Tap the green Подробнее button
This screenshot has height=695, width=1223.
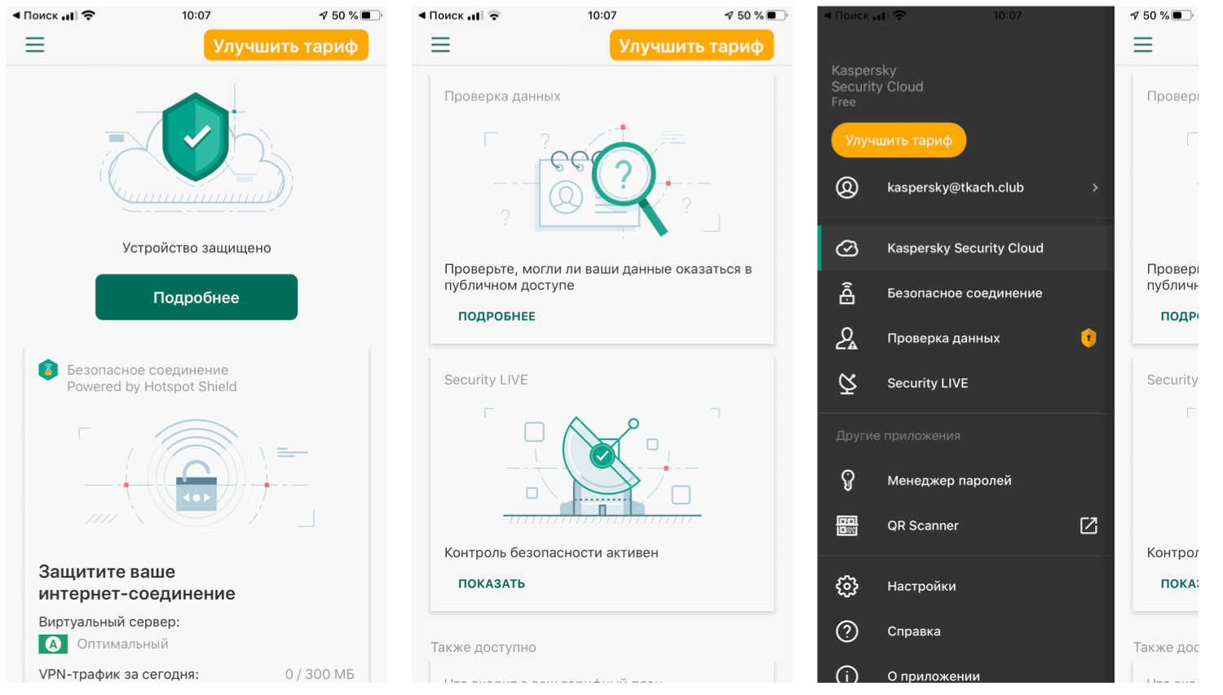tap(196, 297)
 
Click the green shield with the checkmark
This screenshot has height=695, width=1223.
tap(196, 136)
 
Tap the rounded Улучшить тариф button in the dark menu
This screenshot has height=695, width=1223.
tap(898, 140)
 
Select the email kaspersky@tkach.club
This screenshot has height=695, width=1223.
tap(955, 187)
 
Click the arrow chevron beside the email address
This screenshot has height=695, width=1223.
tap(1095, 187)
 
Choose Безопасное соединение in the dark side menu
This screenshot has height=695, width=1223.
tap(964, 293)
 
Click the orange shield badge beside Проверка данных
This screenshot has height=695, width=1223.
tap(1088, 337)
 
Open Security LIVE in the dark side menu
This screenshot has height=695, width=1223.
tap(927, 383)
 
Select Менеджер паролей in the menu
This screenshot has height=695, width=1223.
tap(949, 481)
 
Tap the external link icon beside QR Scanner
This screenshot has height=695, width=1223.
tap(1088, 526)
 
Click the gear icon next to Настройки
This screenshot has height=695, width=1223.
tap(847, 586)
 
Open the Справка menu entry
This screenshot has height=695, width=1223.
tap(913, 631)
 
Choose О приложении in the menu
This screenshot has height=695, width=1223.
tap(933, 675)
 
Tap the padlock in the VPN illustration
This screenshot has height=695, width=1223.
tap(196, 486)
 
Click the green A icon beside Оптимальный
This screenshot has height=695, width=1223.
tap(53, 644)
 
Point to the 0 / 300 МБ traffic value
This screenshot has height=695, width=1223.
tap(320, 674)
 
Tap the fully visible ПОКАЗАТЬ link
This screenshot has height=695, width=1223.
tap(491, 583)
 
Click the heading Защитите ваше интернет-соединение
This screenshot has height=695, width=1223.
tap(137, 583)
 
